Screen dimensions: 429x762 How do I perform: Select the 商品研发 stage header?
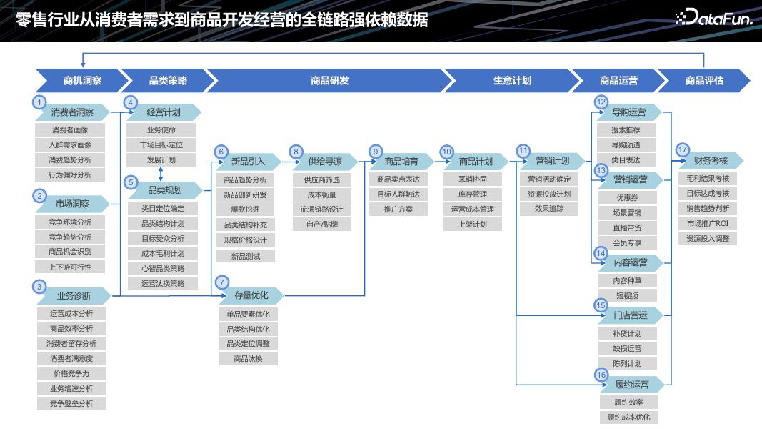329,81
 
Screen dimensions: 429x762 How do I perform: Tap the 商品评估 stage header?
704,81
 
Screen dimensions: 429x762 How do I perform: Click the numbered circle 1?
41,102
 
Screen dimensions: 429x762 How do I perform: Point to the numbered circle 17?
683,150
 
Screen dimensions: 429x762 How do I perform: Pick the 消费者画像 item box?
71,130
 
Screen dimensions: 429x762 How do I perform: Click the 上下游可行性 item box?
71,267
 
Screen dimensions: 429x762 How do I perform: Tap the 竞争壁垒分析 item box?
71,403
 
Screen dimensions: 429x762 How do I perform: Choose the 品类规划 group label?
165,191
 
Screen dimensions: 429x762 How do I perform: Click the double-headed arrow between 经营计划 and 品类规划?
161,173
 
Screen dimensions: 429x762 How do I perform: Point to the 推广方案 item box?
398,209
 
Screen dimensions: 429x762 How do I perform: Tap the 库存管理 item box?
473,194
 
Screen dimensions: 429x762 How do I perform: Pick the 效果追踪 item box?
549,209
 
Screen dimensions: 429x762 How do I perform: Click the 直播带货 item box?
627,227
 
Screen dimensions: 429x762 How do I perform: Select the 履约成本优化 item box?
628,418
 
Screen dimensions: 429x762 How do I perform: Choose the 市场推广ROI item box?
707,224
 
